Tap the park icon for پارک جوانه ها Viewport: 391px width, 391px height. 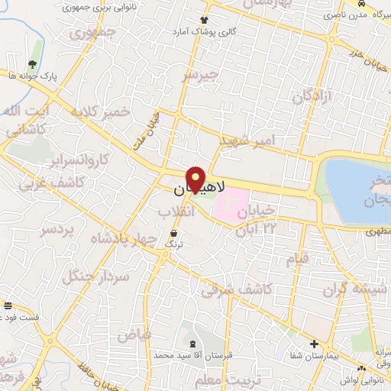pyautogui.click(x=31, y=64)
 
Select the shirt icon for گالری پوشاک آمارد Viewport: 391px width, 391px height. pyautogui.click(x=204, y=20)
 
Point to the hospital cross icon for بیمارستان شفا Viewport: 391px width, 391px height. pyautogui.click(x=314, y=344)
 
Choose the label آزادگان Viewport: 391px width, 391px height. pyautogui.click(x=314, y=97)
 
